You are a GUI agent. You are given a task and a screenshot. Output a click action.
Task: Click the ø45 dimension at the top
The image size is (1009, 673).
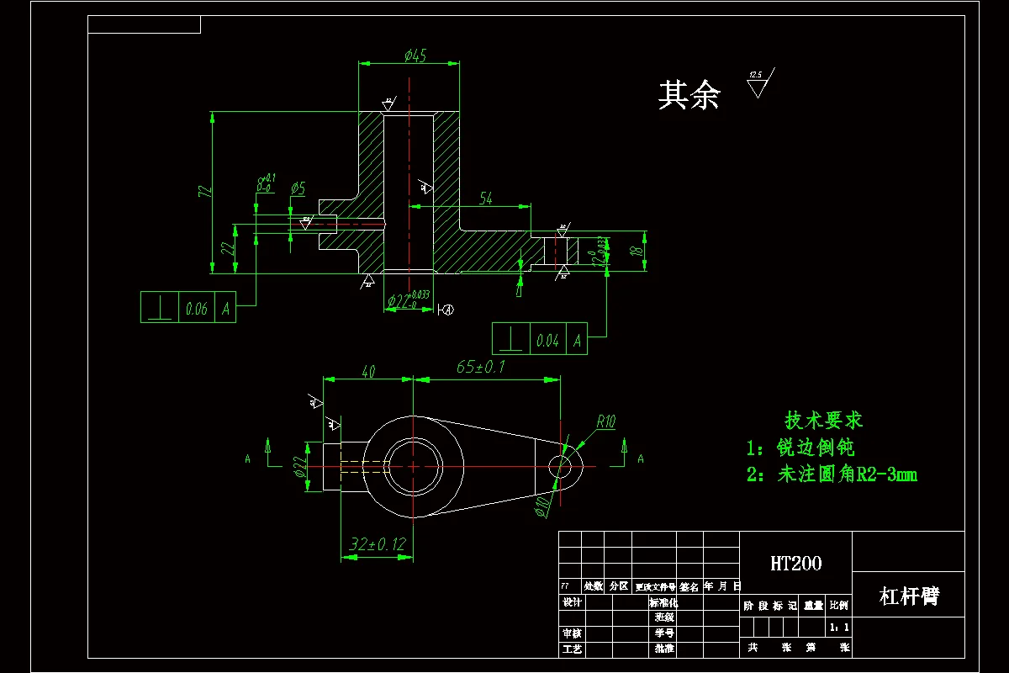coord(415,56)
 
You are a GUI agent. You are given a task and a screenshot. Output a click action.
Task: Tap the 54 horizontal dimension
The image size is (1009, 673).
coord(486,198)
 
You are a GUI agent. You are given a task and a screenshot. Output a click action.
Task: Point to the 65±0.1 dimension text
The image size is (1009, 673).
coord(480,368)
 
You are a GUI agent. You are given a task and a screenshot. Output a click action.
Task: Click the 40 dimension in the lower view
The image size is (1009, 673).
coord(368,372)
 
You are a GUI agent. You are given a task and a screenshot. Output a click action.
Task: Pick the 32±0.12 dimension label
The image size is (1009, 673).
coord(377,544)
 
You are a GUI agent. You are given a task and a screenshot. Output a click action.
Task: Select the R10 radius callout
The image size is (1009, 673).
coord(606,421)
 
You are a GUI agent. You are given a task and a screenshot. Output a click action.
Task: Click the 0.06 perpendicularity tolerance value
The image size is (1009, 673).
coord(195,309)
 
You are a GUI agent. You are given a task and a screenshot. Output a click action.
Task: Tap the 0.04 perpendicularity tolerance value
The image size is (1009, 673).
coord(547,341)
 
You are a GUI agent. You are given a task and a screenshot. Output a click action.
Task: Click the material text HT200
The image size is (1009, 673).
coord(795,563)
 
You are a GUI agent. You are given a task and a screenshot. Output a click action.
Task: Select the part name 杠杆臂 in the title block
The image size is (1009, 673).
coord(908,596)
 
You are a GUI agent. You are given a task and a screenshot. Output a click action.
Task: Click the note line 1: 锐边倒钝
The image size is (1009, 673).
coord(800,448)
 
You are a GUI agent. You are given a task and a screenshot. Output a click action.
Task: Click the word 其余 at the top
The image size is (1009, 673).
coord(689,96)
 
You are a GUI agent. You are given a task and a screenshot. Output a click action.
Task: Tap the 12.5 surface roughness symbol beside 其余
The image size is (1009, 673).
coord(758,83)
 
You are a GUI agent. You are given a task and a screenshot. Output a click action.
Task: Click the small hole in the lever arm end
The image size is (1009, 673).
coord(564,465)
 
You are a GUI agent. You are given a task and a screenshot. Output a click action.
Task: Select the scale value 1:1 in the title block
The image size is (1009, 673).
coord(838,628)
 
